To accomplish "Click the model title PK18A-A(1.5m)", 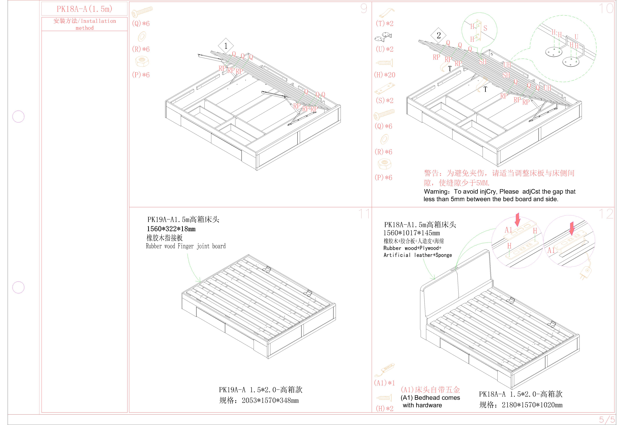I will [x=84, y=9].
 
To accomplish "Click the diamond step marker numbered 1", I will [x=226, y=46].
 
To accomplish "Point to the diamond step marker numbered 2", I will [x=438, y=35].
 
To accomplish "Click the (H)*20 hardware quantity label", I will [x=385, y=75].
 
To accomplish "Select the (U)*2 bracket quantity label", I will [x=385, y=49].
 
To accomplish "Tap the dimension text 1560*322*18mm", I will [x=171, y=229].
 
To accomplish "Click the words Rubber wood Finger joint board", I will [x=186, y=246].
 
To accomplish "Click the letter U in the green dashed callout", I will [x=576, y=37].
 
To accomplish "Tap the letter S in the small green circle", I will [x=485, y=28].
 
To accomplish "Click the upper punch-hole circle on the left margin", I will [x=18, y=116].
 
